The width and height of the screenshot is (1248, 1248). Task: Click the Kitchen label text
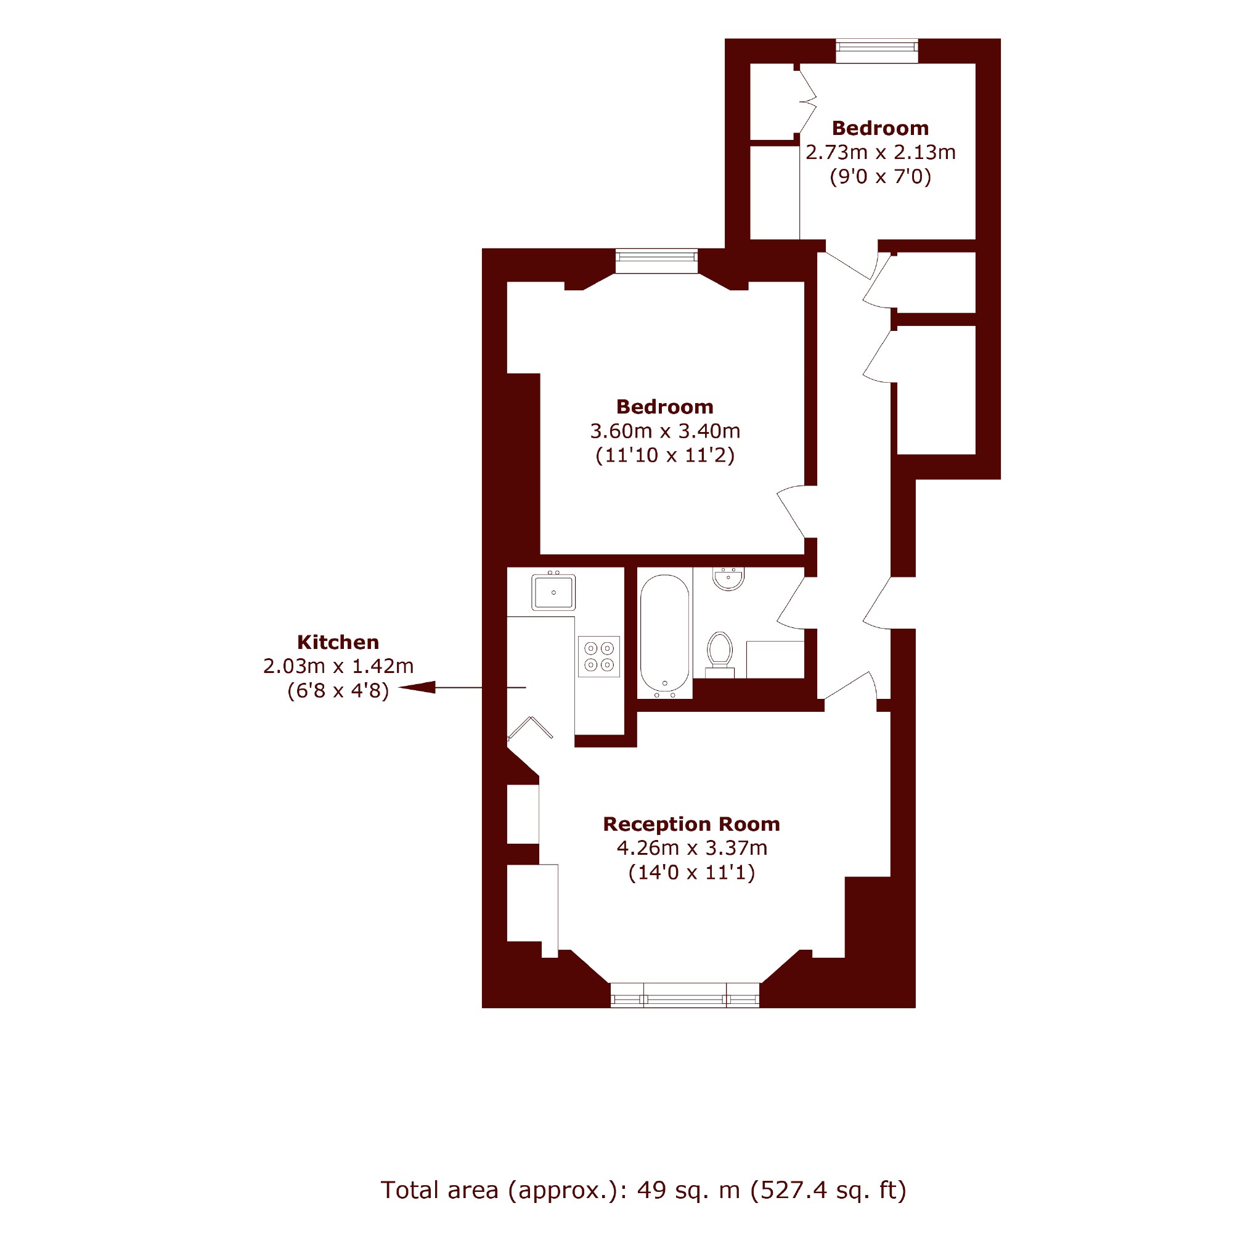pos(338,642)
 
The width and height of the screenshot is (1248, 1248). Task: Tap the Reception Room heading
pos(691,824)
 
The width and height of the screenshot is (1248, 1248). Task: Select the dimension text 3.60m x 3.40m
pos(665,431)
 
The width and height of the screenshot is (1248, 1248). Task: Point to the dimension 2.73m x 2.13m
pos(881,152)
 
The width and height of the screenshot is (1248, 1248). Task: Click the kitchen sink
pos(553,592)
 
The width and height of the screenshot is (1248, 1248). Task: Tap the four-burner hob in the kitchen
pos(599,657)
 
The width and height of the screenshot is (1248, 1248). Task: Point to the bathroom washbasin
pos(728,578)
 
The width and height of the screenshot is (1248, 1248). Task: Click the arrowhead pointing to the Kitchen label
pos(417,687)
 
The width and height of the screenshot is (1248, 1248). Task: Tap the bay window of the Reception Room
pos(685,995)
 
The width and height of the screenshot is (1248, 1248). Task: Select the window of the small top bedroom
pos(876,51)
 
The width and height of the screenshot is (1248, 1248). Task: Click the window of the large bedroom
pos(656,261)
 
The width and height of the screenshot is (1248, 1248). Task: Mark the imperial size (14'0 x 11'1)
pos(691,873)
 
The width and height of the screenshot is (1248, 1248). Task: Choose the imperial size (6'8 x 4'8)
pos(338,690)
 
